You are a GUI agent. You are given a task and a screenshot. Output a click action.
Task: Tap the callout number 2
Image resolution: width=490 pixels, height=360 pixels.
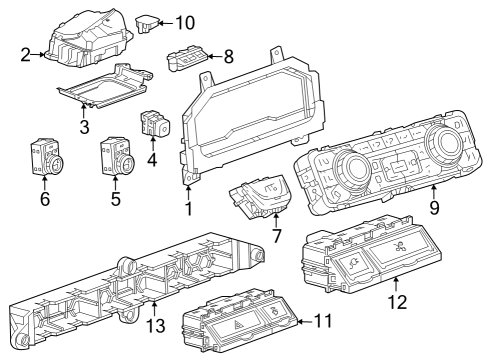[24, 56]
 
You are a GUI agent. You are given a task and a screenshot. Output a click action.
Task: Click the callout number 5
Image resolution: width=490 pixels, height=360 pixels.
[115, 198]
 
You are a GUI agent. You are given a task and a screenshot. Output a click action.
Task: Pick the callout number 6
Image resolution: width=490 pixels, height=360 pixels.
[44, 198]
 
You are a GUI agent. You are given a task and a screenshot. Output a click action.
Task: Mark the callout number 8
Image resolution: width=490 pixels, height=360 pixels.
[228, 57]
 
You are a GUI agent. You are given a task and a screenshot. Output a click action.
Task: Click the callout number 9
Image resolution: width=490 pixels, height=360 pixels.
[433, 209]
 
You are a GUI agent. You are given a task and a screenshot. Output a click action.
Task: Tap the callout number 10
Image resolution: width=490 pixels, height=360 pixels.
[186, 21]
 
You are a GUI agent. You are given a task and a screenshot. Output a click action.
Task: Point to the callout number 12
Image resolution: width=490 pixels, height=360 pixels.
[398, 301]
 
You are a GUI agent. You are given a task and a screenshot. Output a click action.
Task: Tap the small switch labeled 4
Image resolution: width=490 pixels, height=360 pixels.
[156, 124]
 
